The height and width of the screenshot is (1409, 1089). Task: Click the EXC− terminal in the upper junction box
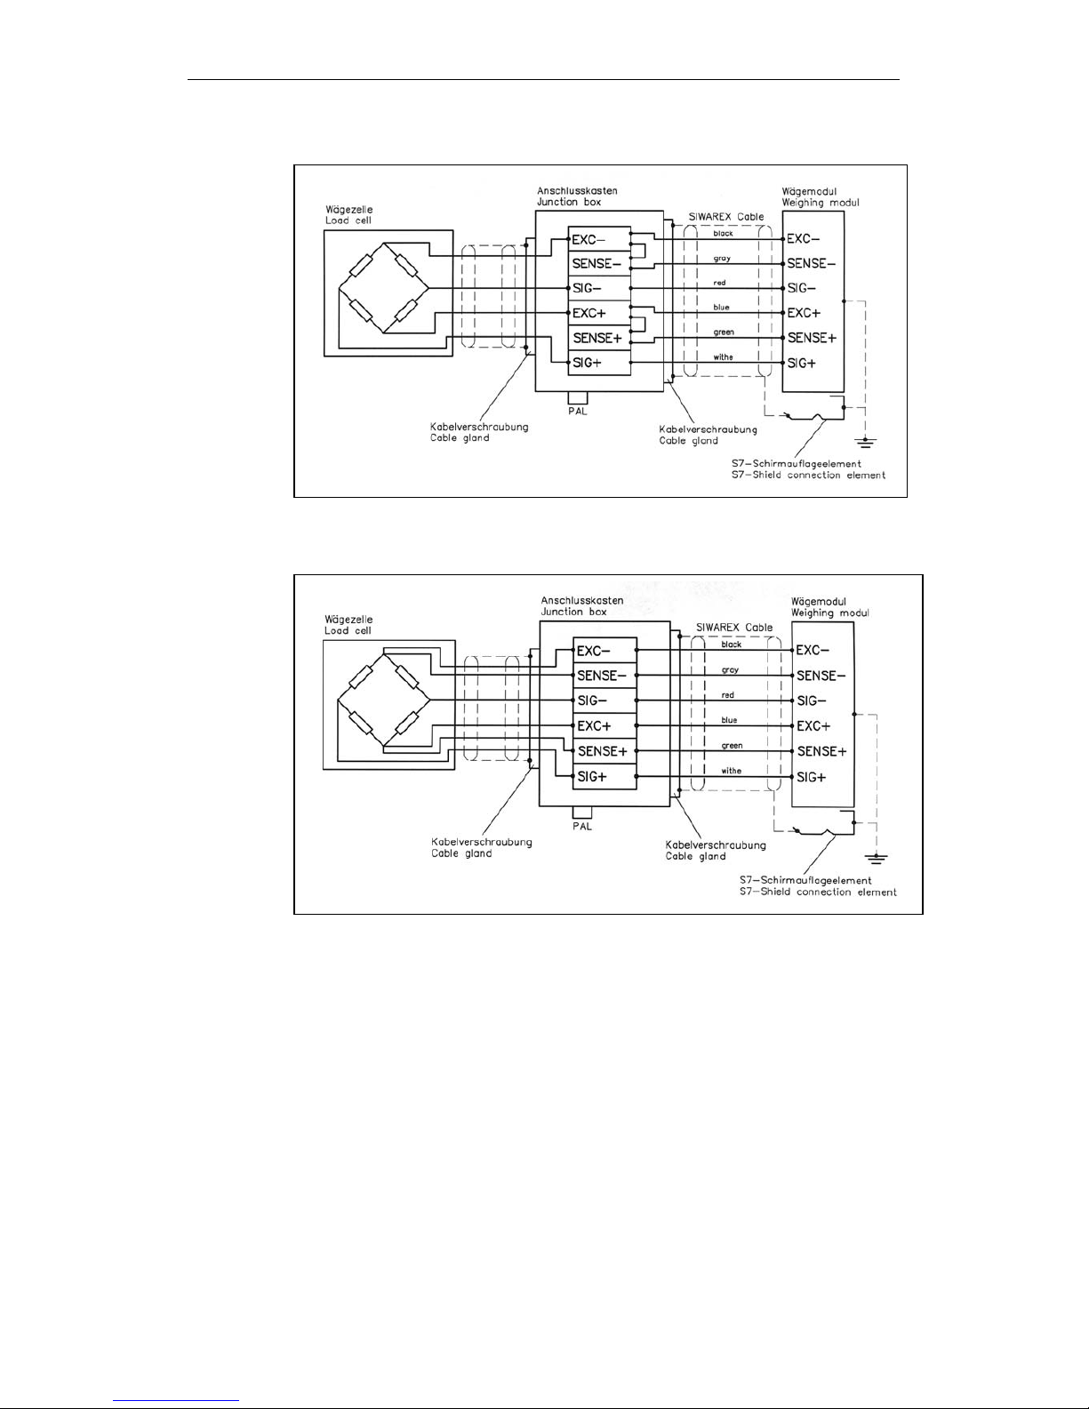[x=589, y=238]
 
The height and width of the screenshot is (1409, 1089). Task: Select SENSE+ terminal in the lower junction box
[x=602, y=751]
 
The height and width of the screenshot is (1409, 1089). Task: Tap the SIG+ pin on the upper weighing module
[x=802, y=363]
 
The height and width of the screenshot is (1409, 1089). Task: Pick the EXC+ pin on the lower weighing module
[x=813, y=726]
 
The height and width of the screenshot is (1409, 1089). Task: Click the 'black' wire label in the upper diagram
[x=723, y=233]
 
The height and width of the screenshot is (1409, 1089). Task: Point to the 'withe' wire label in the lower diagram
[x=731, y=771]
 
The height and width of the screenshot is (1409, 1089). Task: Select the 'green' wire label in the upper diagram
[x=723, y=332]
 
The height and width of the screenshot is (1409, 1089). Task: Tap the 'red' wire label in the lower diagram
[x=727, y=695]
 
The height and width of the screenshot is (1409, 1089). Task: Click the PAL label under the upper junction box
[x=578, y=411]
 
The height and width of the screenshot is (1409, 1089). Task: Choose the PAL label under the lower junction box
[x=582, y=826]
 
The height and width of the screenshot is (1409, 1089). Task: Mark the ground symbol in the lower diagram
[x=877, y=858]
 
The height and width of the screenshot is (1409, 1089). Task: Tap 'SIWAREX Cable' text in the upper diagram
[x=726, y=217]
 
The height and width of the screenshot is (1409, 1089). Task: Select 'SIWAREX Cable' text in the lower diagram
[x=734, y=627]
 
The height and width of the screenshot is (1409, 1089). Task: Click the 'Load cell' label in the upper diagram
[x=348, y=220]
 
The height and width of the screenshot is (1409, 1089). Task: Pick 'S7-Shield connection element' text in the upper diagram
[x=805, y=475]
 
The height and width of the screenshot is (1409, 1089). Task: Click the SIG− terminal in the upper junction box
[x=587, y=288]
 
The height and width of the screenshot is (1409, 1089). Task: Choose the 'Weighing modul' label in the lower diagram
[x=830, y=612]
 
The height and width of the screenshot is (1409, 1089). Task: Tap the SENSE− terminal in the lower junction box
[x=602, y=676]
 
